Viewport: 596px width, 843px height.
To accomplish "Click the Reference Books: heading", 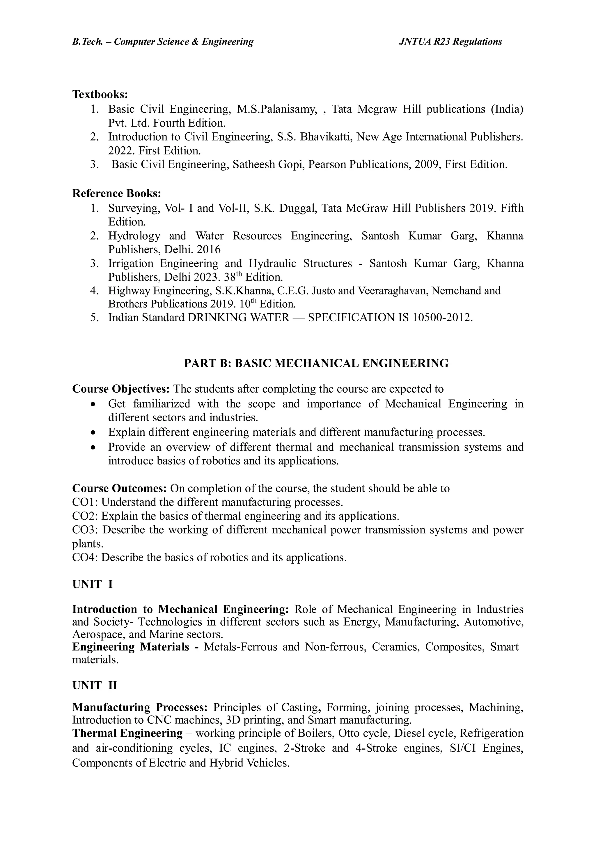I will pos(116,193).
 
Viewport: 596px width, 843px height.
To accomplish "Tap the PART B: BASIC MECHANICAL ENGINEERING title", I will pos(316,363).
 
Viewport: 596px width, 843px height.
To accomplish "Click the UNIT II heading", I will pos(94,686).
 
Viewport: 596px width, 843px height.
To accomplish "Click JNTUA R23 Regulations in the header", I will pos(450,42).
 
